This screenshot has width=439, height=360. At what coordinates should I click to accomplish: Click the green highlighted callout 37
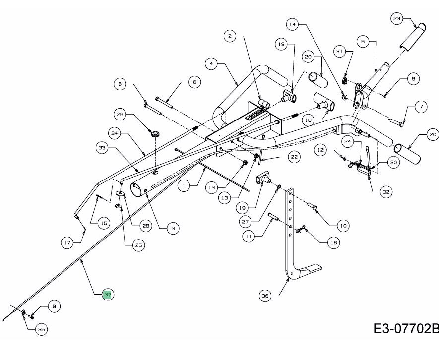[x=108, y=295]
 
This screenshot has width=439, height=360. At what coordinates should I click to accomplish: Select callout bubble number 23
[x=396, y=19]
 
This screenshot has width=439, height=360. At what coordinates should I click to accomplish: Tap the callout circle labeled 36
[x=265, y=296]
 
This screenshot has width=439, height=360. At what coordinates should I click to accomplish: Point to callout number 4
[x=211, y=63]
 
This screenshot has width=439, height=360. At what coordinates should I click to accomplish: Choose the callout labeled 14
[x=292, y=23]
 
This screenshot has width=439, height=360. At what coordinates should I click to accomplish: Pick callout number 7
[x=421, y=106]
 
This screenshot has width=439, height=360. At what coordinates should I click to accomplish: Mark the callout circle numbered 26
[x=119, y=115]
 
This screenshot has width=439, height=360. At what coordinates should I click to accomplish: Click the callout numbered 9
[x=55, y=307]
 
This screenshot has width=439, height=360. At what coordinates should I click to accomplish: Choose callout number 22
[x=294, y=157]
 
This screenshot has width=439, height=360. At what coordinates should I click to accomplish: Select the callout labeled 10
[x=342, y=225]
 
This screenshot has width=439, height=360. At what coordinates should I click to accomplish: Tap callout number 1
[x=184, y=186]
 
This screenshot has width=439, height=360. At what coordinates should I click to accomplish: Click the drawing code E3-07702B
[x=406, y=329]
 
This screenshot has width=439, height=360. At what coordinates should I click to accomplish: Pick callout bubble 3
[x=172, y=228]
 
